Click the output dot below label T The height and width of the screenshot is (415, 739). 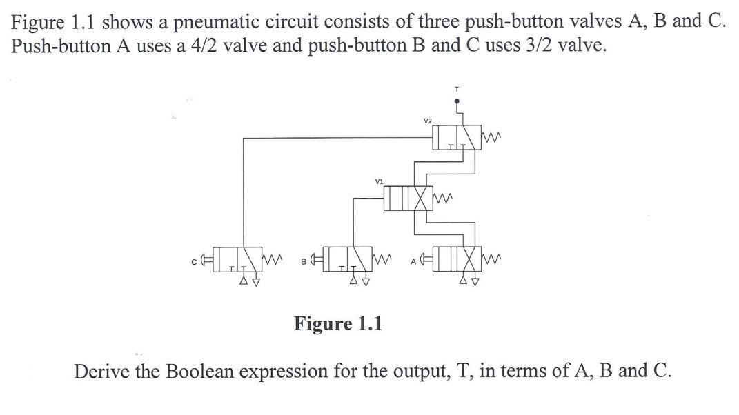pos(456,101)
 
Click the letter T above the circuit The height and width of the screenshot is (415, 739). pos(456,88)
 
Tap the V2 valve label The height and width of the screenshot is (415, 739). pos(428,121)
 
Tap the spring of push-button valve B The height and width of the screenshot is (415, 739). pos(384,260)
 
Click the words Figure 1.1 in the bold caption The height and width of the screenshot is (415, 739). pos(338,323)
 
